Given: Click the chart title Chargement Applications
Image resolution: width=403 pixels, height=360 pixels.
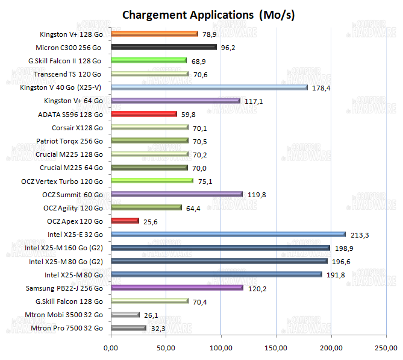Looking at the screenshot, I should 208,14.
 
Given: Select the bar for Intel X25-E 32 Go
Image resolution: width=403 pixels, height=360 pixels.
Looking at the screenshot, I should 228,235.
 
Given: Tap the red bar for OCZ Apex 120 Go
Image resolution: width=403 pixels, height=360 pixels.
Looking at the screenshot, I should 125,221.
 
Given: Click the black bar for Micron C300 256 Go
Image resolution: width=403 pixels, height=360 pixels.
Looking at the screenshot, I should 163,47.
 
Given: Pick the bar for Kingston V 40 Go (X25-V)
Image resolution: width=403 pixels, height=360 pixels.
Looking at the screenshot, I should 208,87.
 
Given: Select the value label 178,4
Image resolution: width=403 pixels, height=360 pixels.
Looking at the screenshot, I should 320,87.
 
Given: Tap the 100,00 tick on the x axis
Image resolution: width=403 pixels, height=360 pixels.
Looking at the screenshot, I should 220,348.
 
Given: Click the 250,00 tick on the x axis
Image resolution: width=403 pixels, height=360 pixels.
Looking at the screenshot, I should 386,348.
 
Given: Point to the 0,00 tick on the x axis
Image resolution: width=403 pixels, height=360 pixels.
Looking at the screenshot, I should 110,348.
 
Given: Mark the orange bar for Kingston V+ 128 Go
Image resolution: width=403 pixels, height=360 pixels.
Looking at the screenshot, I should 154,34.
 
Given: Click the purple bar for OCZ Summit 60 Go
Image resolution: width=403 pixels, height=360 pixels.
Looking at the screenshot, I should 177,194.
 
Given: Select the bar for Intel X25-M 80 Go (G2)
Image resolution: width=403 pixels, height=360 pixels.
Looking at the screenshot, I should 219,261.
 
